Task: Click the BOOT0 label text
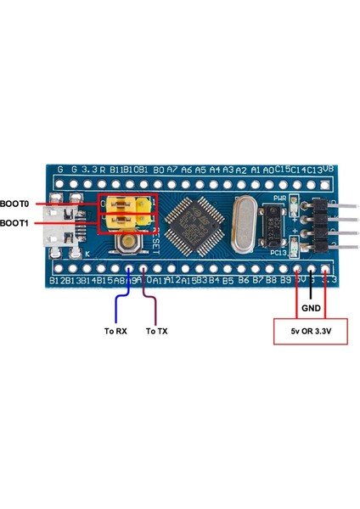[x=14, y=204]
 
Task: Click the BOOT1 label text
[x=14, y=223]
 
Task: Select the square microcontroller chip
[x=195, y=226]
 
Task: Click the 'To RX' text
[x=115, y=331]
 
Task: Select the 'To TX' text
[x=157, y=331]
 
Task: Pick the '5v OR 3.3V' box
[x=309, y=331]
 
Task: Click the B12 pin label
[x=58, y=279]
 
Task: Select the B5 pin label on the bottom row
[x=228, y=279]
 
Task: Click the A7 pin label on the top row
[x=172, y=170]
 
